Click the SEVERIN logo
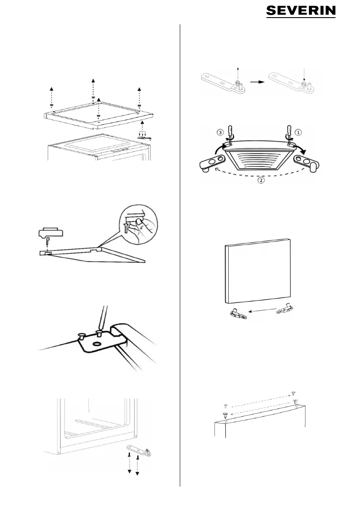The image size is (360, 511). tap(301, 12)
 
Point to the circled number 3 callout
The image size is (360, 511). tap(221, 132)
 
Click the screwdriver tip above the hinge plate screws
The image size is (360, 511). tap(100, 327)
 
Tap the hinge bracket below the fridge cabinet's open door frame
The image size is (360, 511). tap(138, 453)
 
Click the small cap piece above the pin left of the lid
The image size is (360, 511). tap(50, 233)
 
